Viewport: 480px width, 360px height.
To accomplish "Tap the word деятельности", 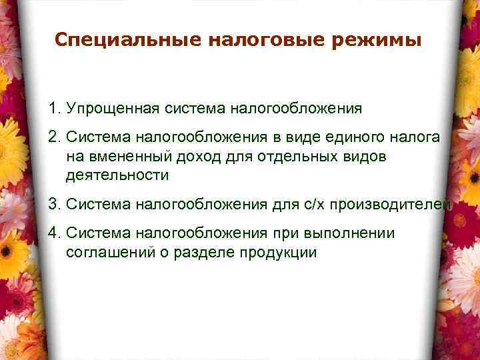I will (117, 176).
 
